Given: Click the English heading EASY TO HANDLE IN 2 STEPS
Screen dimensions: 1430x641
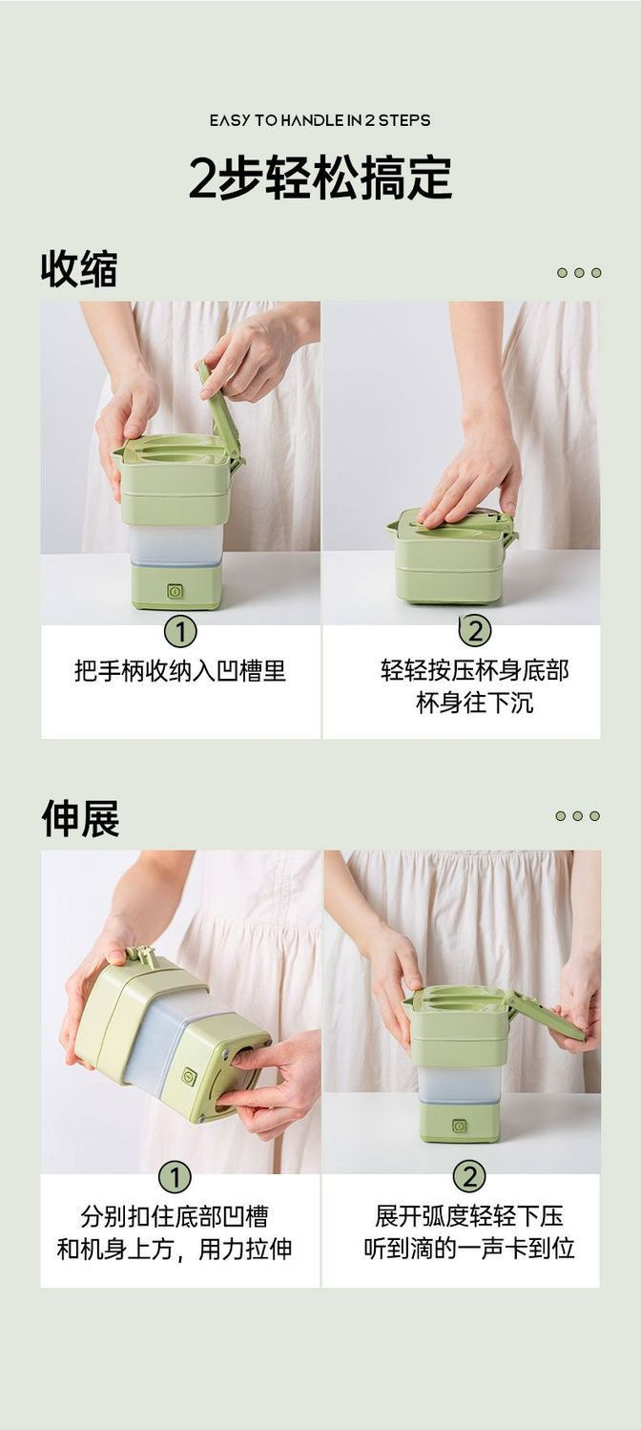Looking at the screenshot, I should pyautogui.click(x=320, y=120).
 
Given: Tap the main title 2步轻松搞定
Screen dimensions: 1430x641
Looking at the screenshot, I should pyautogui.click(x=320, y=179).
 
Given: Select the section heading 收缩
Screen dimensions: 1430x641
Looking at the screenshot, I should pyautogui.click(x=79, y=270).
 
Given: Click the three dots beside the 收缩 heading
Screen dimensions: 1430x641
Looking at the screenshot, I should pyautogui.click(x=579, y=273).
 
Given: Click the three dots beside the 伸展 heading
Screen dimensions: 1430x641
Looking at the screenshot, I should pyautogui.click(x=579, y=816).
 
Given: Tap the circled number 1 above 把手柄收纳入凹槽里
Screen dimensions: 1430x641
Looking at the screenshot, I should pyautogui.click(x=180, y=631).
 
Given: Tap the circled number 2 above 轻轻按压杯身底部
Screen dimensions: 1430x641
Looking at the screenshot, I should pyautogui.click(x=474, y=630).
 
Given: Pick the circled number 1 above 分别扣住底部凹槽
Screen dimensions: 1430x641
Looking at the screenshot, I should pyautogui.click(x=175, y=1177).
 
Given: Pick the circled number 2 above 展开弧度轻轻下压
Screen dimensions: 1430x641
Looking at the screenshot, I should pyautogui.click(x=468, y=1177).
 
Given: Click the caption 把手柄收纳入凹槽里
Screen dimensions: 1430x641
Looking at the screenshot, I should pyautogui.click(x=180, y=671).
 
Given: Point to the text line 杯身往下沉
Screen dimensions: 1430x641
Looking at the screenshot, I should pyautogui.click(x=474, y=704).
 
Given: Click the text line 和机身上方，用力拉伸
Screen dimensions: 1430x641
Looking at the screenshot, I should pyautogui.click(x=175, y=1249).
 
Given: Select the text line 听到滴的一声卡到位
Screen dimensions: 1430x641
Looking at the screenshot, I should pyautogui.click(x=468, y=1249).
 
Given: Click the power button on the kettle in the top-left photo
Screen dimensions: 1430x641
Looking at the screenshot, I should pyautogui.click(x=175, y=591).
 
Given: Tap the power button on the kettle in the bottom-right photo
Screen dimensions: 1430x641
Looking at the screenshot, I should pyautogui.click(x=460, y=1125).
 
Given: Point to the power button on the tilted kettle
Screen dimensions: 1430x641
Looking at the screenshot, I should pyautogui.click(x=190, y=1076).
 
